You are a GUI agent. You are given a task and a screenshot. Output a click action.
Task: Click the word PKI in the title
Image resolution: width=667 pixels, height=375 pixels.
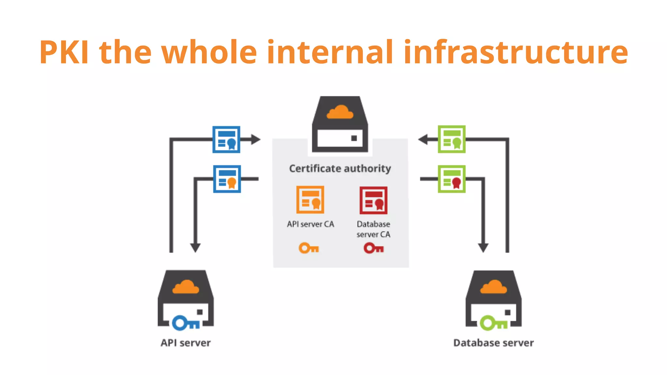click(64, 52)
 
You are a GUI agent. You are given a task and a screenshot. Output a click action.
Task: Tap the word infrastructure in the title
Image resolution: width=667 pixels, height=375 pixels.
click(516, 52)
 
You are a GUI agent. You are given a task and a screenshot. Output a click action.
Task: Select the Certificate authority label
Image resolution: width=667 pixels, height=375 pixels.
click(340, 169)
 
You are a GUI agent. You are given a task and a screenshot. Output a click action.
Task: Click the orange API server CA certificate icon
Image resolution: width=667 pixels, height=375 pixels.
click(310, 200)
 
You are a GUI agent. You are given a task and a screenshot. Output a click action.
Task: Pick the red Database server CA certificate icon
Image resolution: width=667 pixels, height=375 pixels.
click(373, 200)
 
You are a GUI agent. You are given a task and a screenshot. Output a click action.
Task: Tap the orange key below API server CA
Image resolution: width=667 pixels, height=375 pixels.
click(308, 248)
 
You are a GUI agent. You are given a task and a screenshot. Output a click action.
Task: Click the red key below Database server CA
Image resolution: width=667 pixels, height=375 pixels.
click(373, 248)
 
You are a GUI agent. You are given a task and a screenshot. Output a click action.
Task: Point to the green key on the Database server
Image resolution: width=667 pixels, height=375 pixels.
click(493, 323)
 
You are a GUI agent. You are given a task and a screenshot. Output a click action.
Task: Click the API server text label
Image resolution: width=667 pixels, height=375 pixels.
click(186, 343)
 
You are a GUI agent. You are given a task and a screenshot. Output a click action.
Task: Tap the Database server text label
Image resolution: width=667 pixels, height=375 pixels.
click(493, 343)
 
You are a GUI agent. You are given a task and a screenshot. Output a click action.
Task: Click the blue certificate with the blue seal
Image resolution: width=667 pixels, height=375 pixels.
click(226, 139)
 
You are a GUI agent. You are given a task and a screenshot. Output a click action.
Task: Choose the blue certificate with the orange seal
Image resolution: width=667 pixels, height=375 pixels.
click(227, 179)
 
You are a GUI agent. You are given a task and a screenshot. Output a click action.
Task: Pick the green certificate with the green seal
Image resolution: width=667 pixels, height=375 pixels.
click(451, 139)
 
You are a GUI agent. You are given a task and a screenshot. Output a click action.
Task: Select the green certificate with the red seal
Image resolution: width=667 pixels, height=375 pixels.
click(451, 179)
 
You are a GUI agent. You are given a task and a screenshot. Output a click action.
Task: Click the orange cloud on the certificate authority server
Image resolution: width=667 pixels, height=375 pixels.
click(340, 112)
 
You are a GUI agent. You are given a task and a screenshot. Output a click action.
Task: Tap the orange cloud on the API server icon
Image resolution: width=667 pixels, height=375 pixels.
click(186, 287)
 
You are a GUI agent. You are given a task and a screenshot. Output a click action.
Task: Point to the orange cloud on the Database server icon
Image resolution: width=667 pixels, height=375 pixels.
click(493, 287)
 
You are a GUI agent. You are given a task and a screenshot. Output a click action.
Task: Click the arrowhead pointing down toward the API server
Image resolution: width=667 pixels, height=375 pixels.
click(195, 248)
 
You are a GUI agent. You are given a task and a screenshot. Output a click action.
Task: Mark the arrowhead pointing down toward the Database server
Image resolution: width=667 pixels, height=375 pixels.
click(483, 248)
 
